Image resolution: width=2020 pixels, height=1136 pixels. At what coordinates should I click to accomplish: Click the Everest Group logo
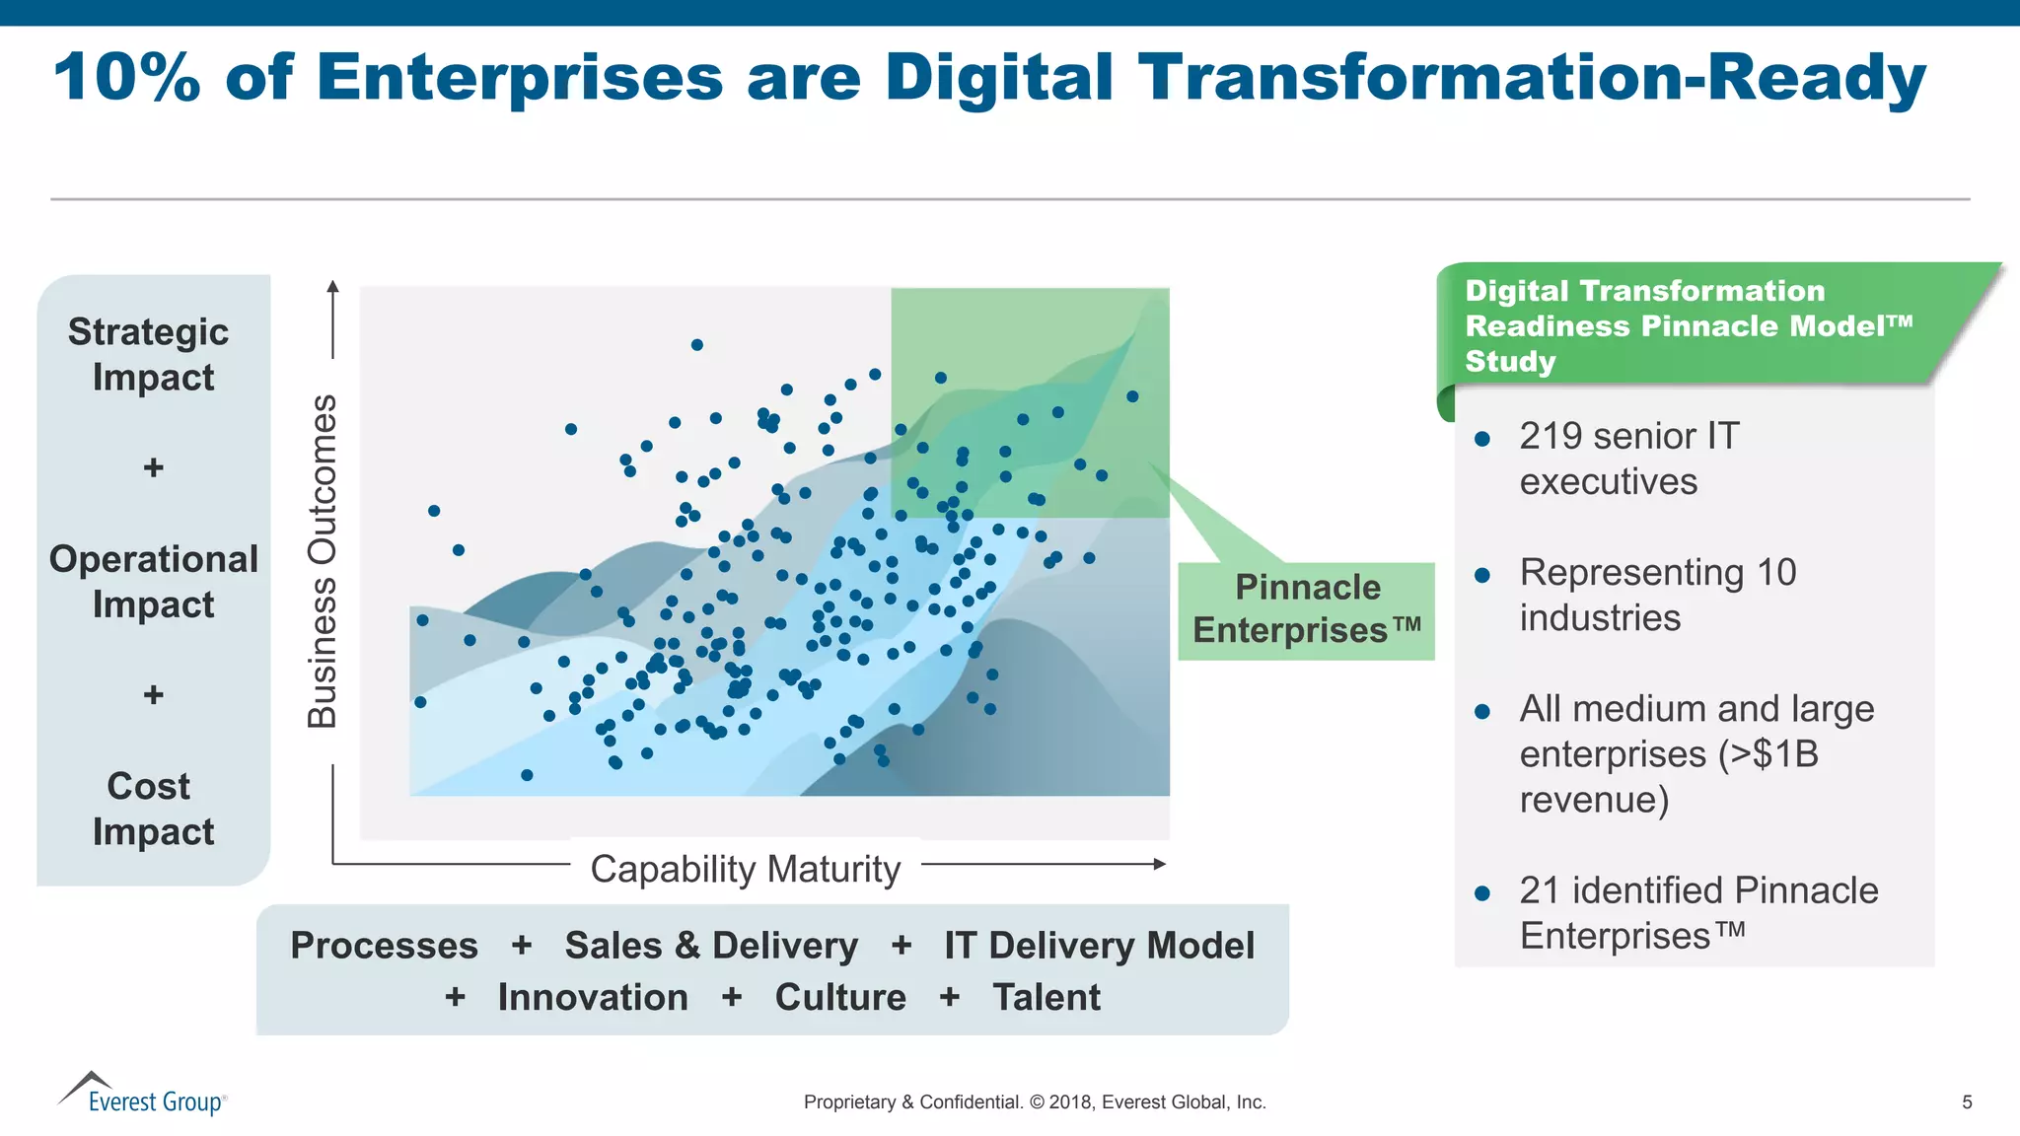(x=143, y=1095)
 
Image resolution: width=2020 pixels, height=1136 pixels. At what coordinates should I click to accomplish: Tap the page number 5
(x=1967, y=1102)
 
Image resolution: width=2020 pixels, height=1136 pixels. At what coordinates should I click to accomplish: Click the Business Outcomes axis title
(x=323, y=561)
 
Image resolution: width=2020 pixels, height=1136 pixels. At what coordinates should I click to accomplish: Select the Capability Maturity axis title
(x=746, y=869)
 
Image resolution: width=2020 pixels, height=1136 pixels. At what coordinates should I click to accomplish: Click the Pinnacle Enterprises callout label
(x=1307, y=609)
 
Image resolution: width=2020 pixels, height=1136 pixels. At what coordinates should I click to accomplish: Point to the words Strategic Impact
(x=150, y=355)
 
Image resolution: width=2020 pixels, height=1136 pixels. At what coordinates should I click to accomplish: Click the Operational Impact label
(x=154, y=582)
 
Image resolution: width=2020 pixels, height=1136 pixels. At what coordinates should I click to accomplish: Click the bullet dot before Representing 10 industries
(x=1482, y=575)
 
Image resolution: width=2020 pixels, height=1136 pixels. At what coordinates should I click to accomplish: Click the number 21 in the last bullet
(x=1538, y=890)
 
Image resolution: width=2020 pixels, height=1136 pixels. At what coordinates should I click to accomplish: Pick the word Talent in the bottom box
(x=1046, y=997)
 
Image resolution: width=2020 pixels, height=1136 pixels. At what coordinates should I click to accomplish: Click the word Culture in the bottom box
(x=840, y=997)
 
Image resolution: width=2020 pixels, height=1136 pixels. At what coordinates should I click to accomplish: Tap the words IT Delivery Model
(x=1099, y=945)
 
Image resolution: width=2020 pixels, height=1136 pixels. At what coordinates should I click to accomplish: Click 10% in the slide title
(x=126, y=77)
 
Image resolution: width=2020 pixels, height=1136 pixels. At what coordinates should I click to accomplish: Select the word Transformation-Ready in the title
(x=1531, y=77)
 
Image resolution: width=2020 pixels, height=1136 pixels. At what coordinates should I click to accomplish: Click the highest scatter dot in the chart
(x=697, y=345)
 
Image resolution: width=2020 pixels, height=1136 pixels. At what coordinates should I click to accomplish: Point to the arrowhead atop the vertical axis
(x=333, y=287)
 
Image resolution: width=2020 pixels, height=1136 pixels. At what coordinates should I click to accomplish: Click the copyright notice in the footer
(x=1035, y=1102)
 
